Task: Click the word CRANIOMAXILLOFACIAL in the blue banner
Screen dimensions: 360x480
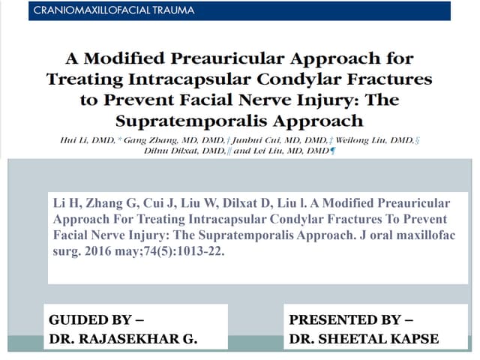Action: coord(92,10)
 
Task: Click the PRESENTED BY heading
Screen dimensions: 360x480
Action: coord(351,319)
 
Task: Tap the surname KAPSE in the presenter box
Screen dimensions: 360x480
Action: coord(411,338)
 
